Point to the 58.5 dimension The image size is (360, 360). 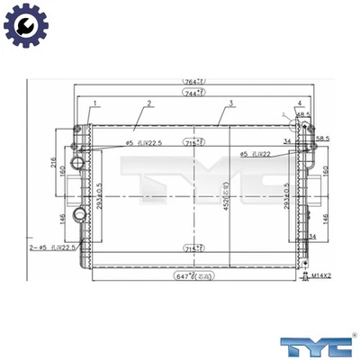tap(323, 139)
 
